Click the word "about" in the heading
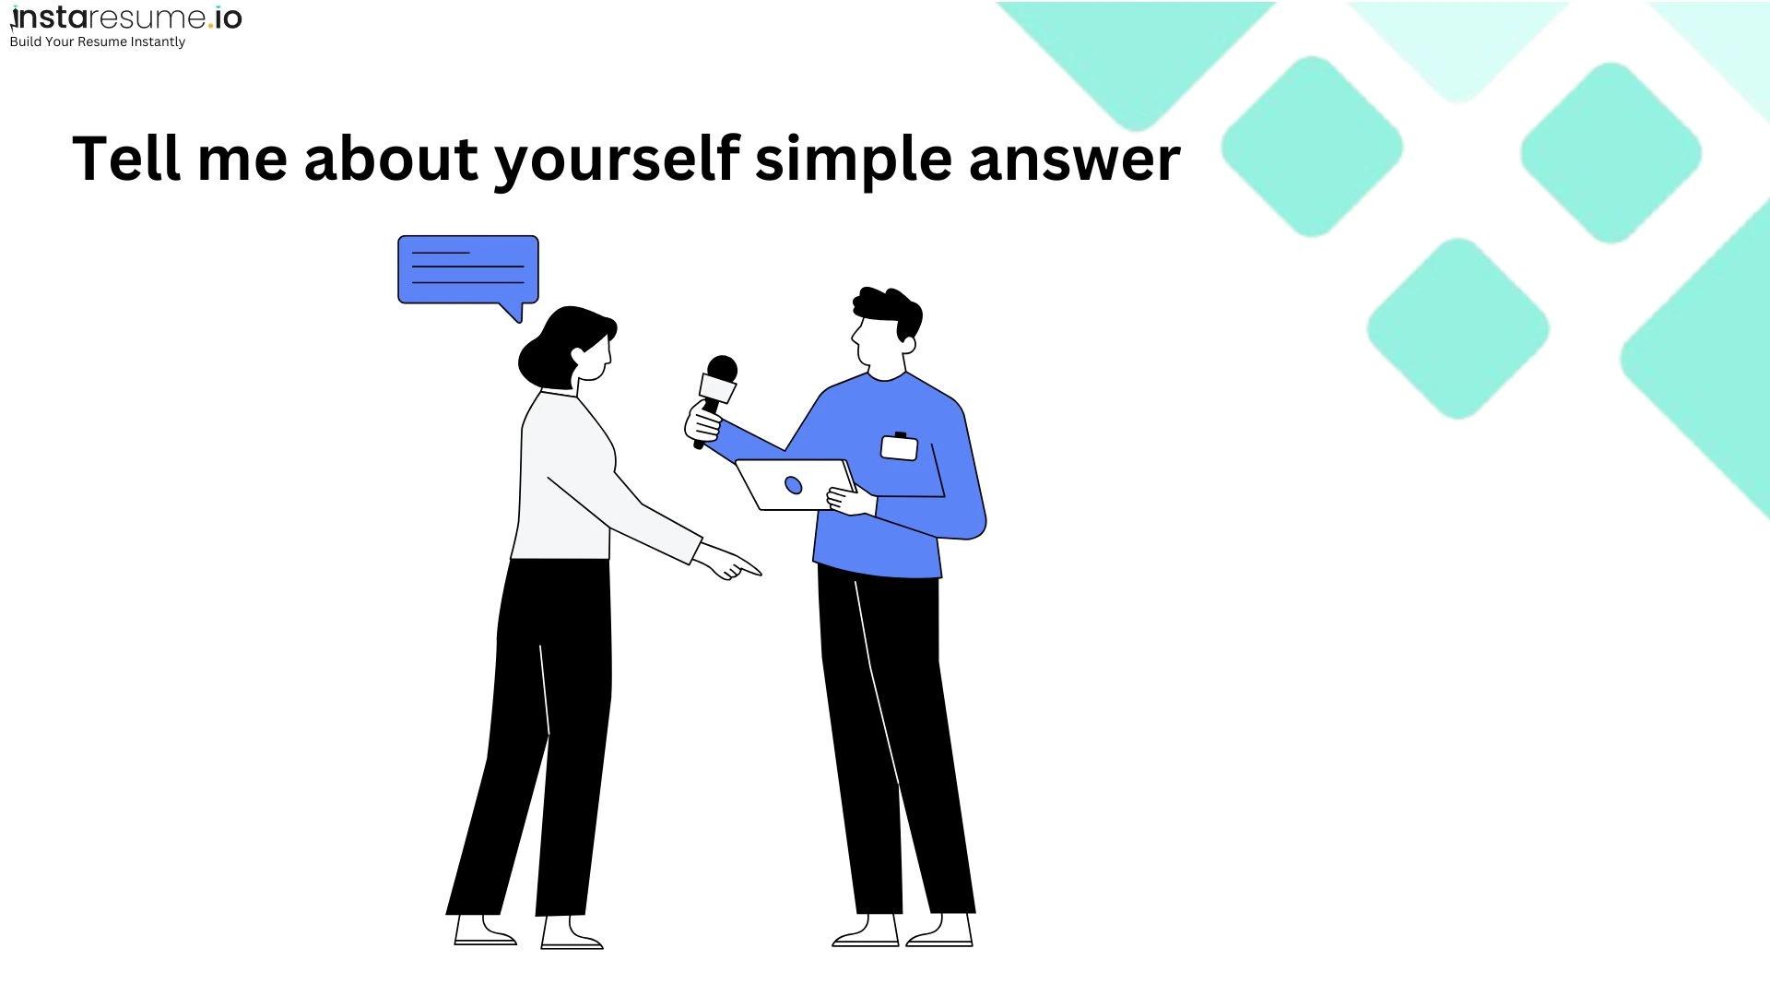click(391, 158)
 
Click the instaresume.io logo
click(125, 18)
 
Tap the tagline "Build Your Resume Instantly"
click(97, 41)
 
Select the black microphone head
click(721, 370)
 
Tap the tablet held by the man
click(795, 484)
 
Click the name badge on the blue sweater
click(899, 447)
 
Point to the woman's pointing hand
click(728, 561)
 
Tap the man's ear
click(908, 345)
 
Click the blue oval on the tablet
click(793, 485)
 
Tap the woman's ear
click(578, 356)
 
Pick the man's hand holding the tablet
click(851, 502)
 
